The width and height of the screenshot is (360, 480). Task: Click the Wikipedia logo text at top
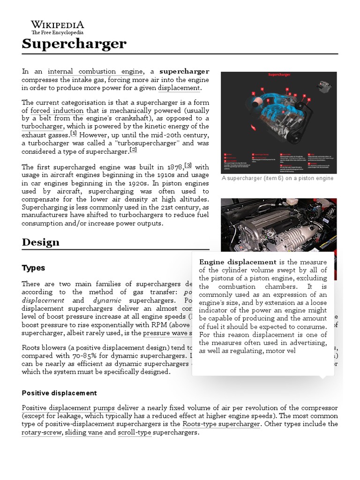tap(57, 24)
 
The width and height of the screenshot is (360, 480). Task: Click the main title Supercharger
tap(74, 44)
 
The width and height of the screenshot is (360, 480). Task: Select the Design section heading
tap(41, 242)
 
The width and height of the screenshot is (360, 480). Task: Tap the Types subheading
tap(33, 268)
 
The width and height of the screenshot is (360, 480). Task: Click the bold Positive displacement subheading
tap(59, 393)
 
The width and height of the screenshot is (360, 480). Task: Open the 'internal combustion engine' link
tap(95, 71)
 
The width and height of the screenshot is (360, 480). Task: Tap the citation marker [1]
tap(74, 133)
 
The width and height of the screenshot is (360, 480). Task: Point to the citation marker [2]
tap(133, 150)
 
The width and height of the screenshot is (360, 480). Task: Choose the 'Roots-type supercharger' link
tap(221, 424)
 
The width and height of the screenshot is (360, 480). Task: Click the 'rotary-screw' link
tap(41, 432)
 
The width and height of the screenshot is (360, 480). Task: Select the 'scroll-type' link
tap(134, 432)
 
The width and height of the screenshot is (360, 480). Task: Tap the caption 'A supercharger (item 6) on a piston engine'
tap(278, 178)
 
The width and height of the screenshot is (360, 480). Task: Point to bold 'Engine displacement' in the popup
tap(238, 262)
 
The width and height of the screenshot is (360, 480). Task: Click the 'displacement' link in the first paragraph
tap(179, 88)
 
